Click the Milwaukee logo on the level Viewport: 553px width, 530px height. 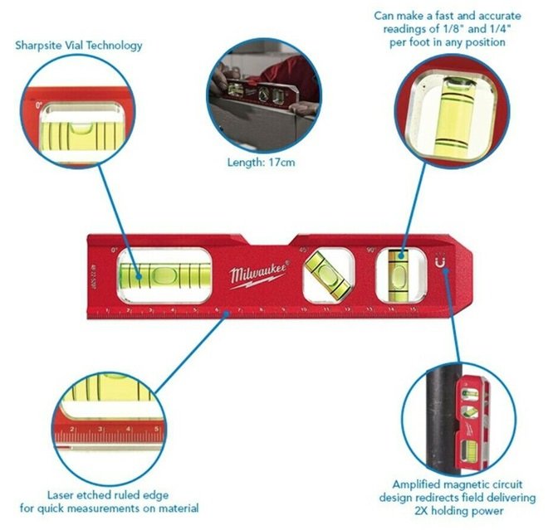(258, 274)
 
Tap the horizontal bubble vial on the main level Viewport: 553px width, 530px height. (163, 273)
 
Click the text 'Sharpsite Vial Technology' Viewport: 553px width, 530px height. (79, 45)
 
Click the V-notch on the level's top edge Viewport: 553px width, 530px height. (268, 241)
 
